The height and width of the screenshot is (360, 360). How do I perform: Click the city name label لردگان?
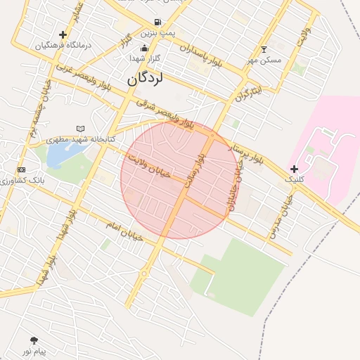146,79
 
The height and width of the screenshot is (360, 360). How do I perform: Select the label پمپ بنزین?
157,33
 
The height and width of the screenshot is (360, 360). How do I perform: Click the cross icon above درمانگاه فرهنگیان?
63,34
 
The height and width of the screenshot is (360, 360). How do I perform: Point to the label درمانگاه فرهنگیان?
63,45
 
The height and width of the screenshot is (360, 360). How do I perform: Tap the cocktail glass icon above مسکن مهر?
264,49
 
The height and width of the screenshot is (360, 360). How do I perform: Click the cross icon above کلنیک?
294,169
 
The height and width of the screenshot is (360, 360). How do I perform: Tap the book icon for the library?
80,129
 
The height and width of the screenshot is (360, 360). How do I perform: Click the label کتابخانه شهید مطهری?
81,140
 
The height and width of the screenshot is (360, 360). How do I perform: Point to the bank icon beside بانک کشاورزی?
21,170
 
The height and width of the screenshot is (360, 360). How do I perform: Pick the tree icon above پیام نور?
34,340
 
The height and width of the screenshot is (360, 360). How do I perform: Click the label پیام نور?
34,351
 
